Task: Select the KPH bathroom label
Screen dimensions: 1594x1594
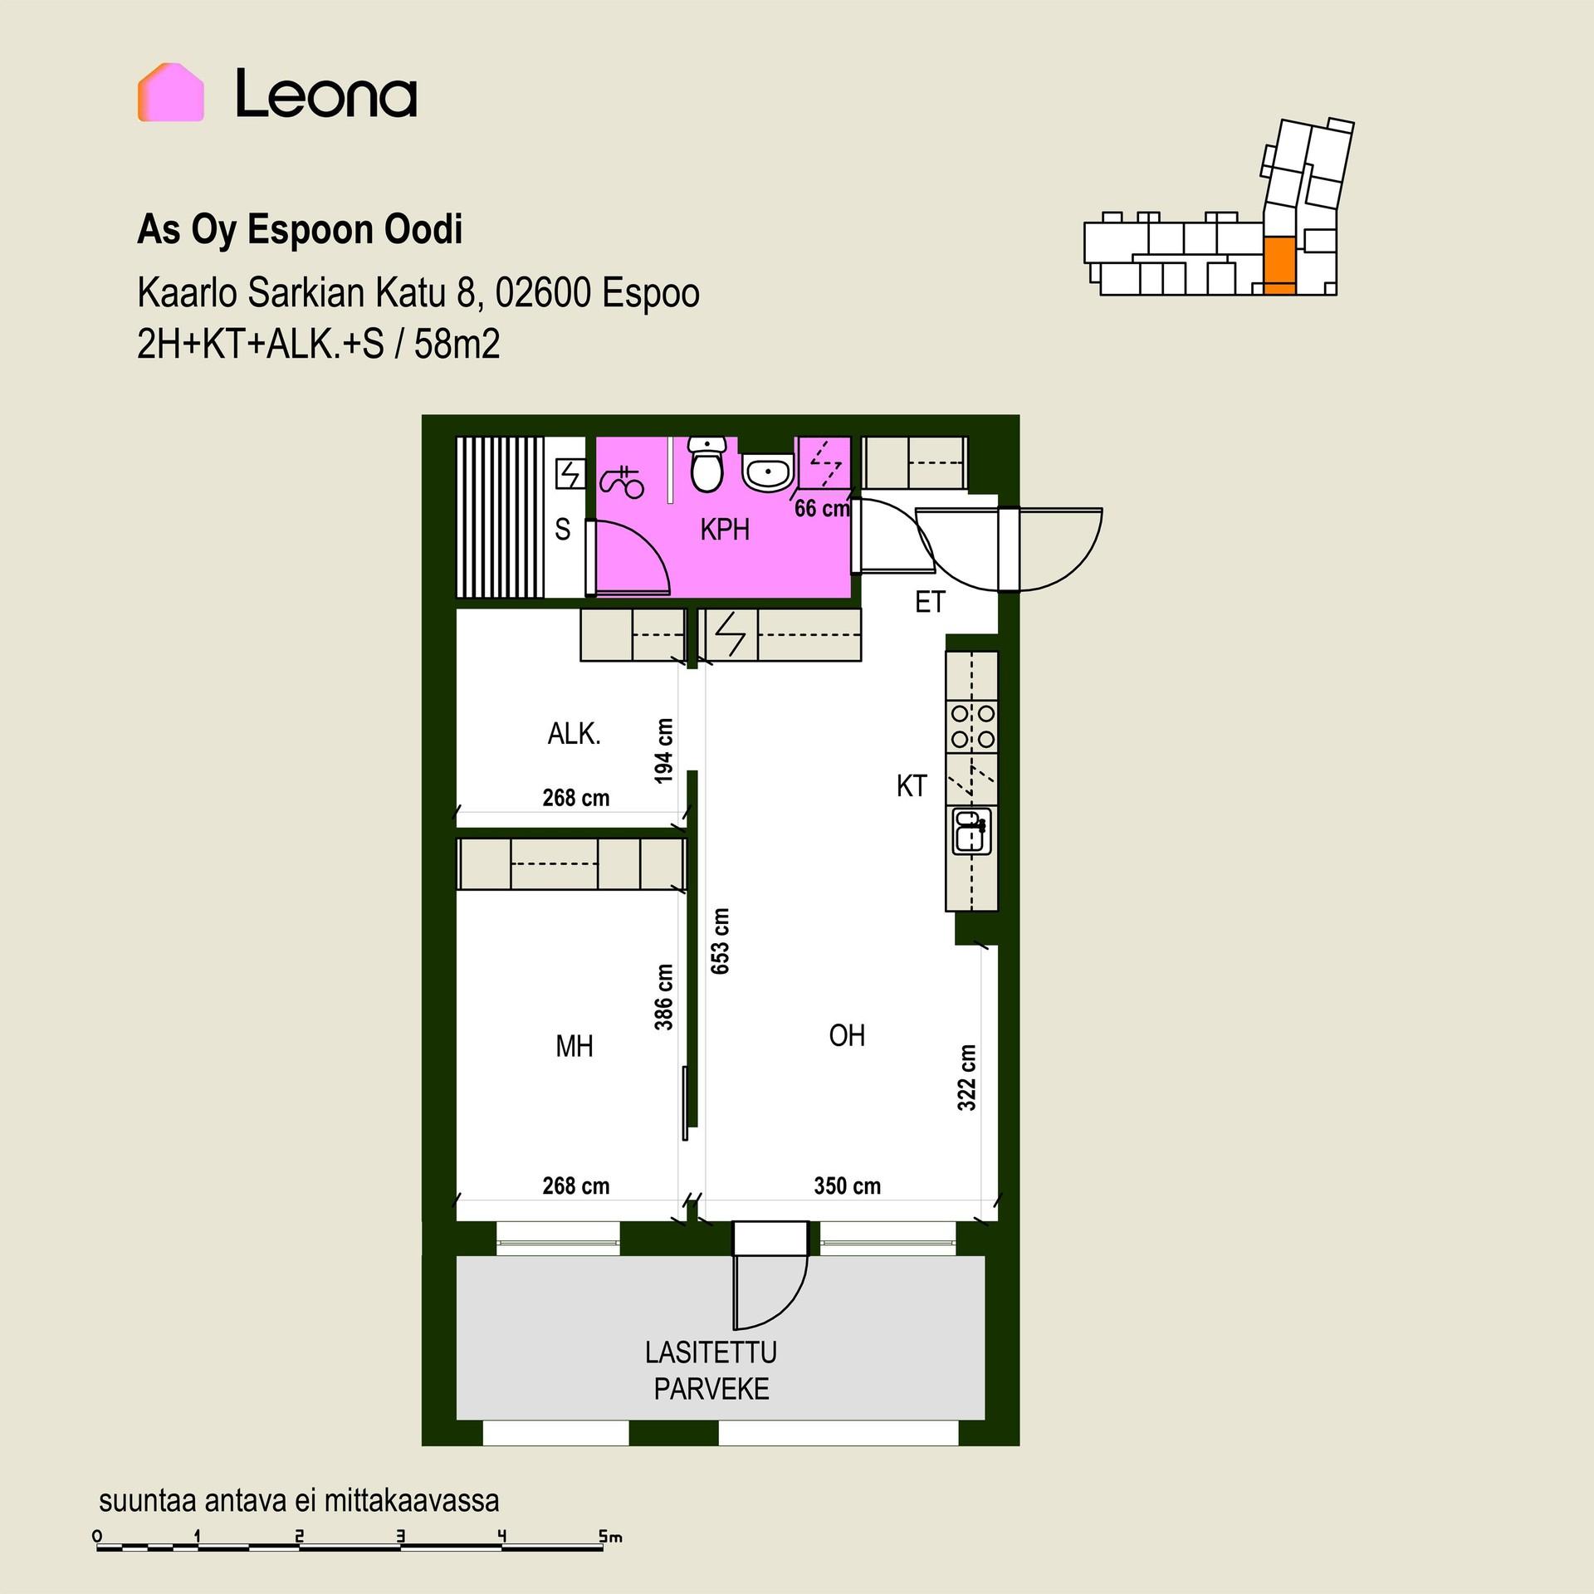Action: pos(725,529)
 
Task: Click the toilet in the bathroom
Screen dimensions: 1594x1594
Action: pos(707,465)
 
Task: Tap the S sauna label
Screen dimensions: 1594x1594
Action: pos(563,529)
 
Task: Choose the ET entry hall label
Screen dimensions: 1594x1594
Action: pos(930,602)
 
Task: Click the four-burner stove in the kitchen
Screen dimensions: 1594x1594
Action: pos(972,726)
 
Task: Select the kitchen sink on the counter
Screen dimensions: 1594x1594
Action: pos(971,831)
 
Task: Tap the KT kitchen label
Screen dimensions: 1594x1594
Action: pos(911,785)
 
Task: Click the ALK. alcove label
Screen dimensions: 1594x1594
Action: pos(574,734)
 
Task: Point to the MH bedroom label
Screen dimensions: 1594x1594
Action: pos(575,1046)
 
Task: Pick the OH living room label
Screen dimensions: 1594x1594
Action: pos(847,1035)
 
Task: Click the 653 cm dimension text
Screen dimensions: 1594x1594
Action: pos(720,941)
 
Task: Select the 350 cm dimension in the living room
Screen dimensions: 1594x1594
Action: pos(847,1186)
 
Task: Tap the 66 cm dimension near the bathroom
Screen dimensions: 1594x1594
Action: pos(822,508)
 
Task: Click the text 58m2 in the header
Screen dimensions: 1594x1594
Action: pos(457,344)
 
